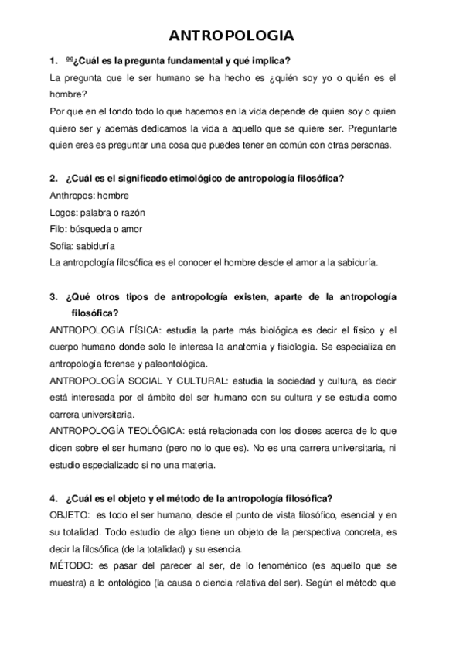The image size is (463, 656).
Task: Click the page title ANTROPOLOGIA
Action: click(x=231, y=36)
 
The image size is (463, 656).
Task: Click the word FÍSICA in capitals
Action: click(x=133, y=330)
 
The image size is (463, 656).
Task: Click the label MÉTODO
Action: click(x=67, y=566)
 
